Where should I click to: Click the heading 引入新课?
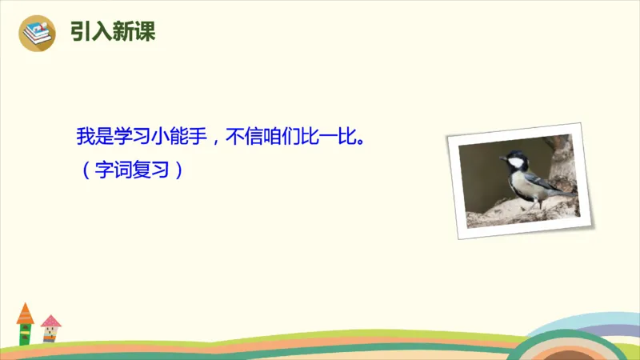pyautogui.click(x=113, y=32)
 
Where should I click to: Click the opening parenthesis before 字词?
pyautogui.click(x=85, y=170)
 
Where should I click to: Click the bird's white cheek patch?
pyautogui.click(x=517, y=163)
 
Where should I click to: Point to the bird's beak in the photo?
pyautogui.click(x=502, y=158)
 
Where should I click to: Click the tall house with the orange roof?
pyautogui.click(x=25, y=324)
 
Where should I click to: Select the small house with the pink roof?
pyautogui.click(x=50, y=329)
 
